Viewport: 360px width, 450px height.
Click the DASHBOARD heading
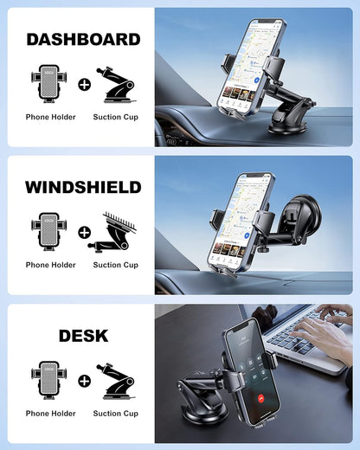click(83, 39)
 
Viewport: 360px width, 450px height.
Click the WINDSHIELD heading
click(83, 187)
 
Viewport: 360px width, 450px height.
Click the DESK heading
click(83, 335)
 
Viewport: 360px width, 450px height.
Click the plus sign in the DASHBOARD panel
click(84, 85)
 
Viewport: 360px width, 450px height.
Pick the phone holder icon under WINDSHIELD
click(50, 232)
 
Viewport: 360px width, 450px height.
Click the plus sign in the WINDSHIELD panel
click(84, 232)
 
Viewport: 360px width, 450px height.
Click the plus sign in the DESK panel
click(84, 381)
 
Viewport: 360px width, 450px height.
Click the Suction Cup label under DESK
click(115, 414)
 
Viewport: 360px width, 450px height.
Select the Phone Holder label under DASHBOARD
click(50, 117)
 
